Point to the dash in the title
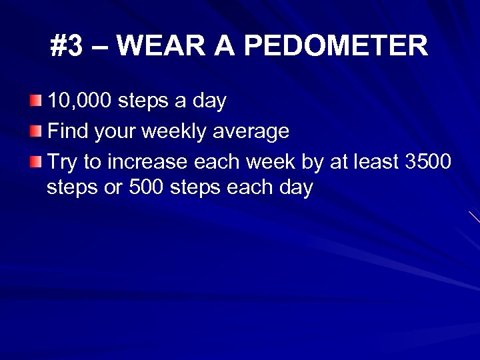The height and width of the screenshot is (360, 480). pyautogui.click(x=103, y=47)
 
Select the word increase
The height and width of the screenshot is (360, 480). pyautogui.click(x=151, y=160)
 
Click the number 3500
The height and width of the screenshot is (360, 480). pyautogui.click(x=427, y=160)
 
